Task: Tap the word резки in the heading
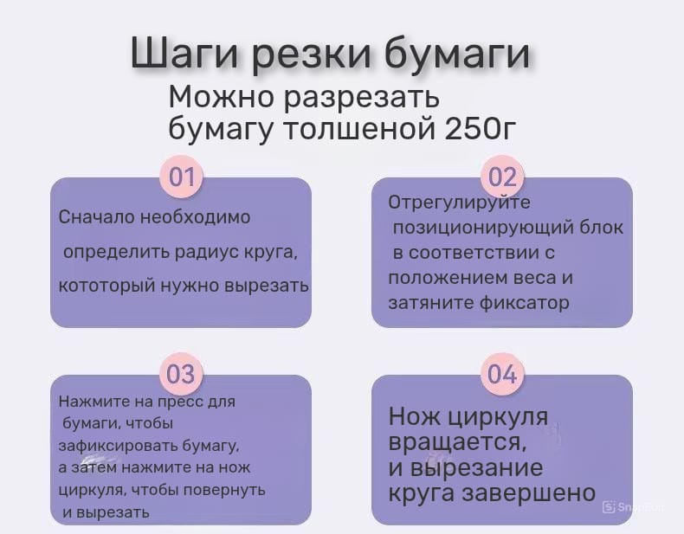313,55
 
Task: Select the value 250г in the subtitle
481,128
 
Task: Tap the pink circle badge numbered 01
182,177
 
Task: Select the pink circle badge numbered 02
502,177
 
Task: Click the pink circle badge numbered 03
181,374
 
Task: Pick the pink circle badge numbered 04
502,374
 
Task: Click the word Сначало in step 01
98,216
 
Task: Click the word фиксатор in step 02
525,302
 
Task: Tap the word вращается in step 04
457,442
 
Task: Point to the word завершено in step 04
529,492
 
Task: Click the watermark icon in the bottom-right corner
609,507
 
